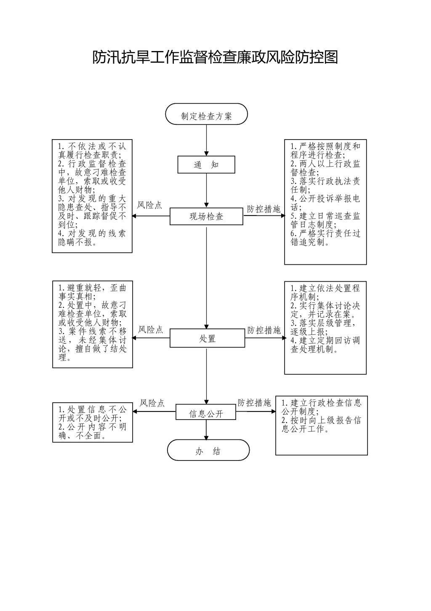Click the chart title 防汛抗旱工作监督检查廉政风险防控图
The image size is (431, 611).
pyautogui.click(x=215, y=57)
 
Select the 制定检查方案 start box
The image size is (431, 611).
pyautogui.click(x=206, y=114)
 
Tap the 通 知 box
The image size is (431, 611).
pyautogui.click(x=206, y=165)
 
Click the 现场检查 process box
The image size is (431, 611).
pyautogui.click(x=206, y=217)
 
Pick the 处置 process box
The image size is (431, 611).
pyautogui.click(x=207, y=339)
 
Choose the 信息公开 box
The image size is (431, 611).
pyautogui.click(x=206, y=414)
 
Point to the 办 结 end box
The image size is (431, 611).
pyautogui.click(x=208, y=451)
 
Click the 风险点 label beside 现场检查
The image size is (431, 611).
pyautogui.click(x=149, y=205)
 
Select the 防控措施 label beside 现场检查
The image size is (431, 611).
pyautogui.click(x=263, y=209)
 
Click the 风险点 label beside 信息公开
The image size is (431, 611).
pyautogui.click(x=152, y=403)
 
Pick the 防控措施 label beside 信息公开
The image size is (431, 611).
pyautogui.click(x=254, y=403)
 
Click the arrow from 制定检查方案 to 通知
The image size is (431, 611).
pyautogui.click(x=206, y=140)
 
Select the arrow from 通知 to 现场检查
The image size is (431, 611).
pyautogui.click(x=206, y=191)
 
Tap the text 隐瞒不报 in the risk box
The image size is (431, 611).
pyautogui.click(x=76, y=242)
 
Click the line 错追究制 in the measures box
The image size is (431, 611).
pyautogui.click(x=310, y=242)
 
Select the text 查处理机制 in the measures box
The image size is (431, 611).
pyautogui.click(x=314, y=349)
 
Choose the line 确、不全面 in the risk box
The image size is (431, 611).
pyautogui.click(x=82, y=436)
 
